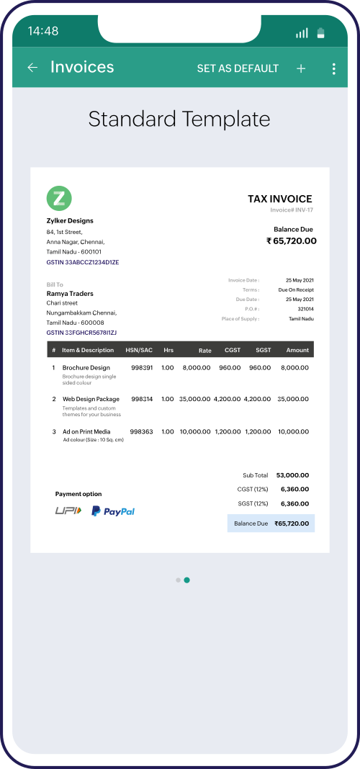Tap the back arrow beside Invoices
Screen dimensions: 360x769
[x=32, y=68]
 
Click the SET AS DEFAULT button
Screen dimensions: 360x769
[x=238, y=68]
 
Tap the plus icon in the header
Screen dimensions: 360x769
[x=301, y=68]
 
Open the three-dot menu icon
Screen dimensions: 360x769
[x=333, y=68]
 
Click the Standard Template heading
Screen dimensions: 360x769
[x=179, y=119]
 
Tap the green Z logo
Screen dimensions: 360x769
[x=59, y=198]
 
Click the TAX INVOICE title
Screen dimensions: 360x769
[x=280, y=199]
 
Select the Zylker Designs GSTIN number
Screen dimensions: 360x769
[x=83, y=262]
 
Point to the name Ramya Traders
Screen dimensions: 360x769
[x=70, y=294]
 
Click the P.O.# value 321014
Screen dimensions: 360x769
[x=305, y=309]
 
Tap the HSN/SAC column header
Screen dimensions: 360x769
[x=139, y=350]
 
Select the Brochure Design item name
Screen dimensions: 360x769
[x=86, y=368]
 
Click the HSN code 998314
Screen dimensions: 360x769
[x=142, y=399]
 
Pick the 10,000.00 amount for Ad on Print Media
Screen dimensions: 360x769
[x=293, y=432]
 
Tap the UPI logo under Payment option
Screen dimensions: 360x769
[x=68, y=511]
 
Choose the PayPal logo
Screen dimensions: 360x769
[x=113, y=511]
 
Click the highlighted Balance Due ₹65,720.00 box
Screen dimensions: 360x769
[x=271, y=523]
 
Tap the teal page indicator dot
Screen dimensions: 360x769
[x=187, y=580]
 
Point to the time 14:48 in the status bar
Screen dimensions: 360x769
[x=43, y=31]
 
